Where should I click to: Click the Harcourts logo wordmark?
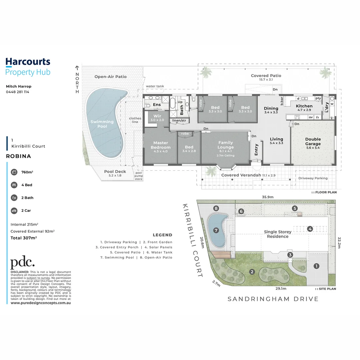point(28,62)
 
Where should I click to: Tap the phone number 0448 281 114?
point(17,92)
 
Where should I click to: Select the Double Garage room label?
point(313,142)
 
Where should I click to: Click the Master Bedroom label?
point(160,145)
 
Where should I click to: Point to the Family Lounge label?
point(226,145)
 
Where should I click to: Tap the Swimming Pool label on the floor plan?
point(102,124)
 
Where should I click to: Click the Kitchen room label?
point(304,106)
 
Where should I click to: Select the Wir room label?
point(157,116)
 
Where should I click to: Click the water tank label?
point(155,86)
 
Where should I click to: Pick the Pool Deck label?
point(115,172)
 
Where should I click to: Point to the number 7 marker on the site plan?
point(216,230)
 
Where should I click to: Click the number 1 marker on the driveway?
point(316,266)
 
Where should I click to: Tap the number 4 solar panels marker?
point(310,229)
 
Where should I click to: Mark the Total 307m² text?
point(23,238)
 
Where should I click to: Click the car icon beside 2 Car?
point(14,211)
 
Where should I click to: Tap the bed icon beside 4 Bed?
point(14,185)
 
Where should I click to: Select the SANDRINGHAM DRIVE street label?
point(273,299)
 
